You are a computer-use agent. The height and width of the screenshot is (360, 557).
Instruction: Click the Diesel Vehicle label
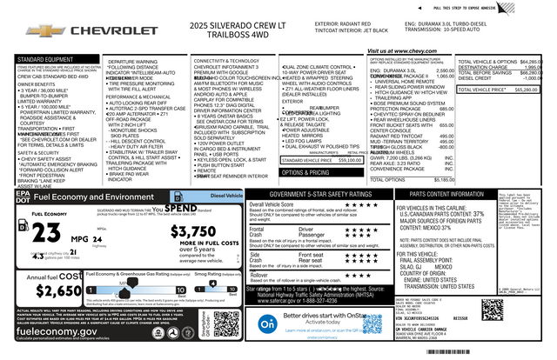pyautogui.click(x=225, y=196)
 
